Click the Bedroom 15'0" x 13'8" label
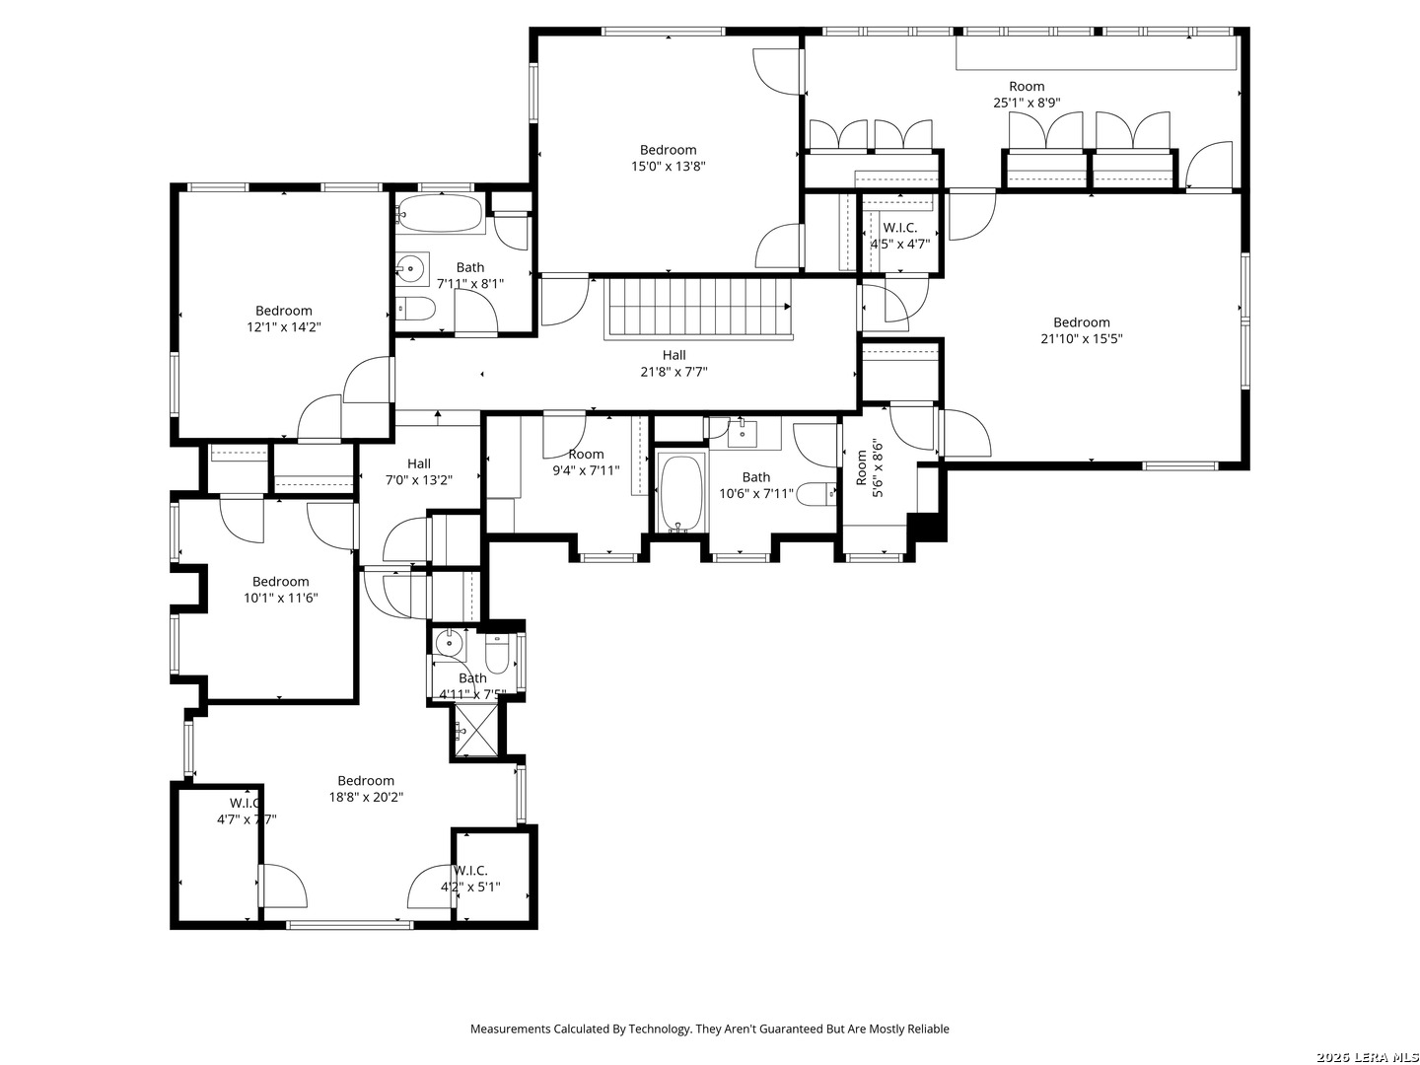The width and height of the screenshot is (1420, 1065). tap(669, 159)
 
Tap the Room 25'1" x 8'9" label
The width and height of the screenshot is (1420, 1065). tap(1026, 94)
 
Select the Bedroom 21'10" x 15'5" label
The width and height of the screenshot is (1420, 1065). tap(1081, 330)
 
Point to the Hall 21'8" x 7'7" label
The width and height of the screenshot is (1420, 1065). tap(674, 363)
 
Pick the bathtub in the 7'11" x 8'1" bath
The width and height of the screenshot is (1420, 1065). tap(440, 212)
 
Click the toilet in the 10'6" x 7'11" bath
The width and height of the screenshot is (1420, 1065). tap(815, 493)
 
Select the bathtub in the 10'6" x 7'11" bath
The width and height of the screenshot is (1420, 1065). tap(681, 493)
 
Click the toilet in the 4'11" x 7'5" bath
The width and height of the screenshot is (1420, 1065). tap(496, 652)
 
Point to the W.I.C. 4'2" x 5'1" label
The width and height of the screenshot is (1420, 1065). tap(470, 878)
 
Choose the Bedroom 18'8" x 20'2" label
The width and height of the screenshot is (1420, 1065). tap(366, 789)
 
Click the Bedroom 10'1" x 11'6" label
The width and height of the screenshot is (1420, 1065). tap(281, 590)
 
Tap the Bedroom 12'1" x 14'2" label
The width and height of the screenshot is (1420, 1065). tap(284, 319)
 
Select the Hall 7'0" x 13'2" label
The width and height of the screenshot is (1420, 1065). tap(419, 471)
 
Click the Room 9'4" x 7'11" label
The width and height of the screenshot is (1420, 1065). tap(586, 462)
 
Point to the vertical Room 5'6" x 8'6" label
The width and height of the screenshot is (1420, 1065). tap(868, 467)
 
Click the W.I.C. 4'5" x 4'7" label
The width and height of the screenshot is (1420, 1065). tap(899, 235)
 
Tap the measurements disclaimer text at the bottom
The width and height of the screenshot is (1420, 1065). tap(709, 1029)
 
